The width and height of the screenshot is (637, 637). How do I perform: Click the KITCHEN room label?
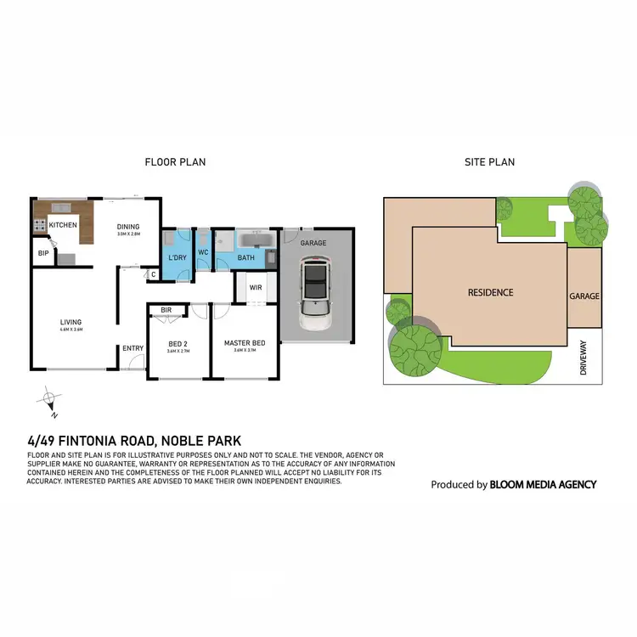pos(63,225)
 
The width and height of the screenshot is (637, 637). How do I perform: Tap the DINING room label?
pos(128,227)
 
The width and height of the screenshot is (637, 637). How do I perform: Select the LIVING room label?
pos(70,322)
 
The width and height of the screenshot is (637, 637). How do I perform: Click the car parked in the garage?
pos(315,295)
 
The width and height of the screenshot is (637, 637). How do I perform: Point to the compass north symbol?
pos(50,398)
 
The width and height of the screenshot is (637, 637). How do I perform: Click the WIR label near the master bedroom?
pos(255,287)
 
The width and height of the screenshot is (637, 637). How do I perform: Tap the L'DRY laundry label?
pos(178,256)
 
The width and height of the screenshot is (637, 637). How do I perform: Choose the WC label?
pos(204,252)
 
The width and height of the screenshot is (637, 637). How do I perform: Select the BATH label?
pos(245,256)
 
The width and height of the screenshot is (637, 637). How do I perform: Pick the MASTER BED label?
pos(245,344)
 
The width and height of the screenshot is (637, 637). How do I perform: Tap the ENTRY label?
pos(132,348)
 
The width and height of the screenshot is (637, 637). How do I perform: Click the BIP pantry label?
pos(42,253)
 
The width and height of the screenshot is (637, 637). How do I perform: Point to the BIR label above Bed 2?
pos(166,311)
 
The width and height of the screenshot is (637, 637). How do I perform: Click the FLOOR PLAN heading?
pos(175,162)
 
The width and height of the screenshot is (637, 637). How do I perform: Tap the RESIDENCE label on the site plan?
pos(491,293)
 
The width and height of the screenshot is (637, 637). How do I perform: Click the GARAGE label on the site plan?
pos(584,296)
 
